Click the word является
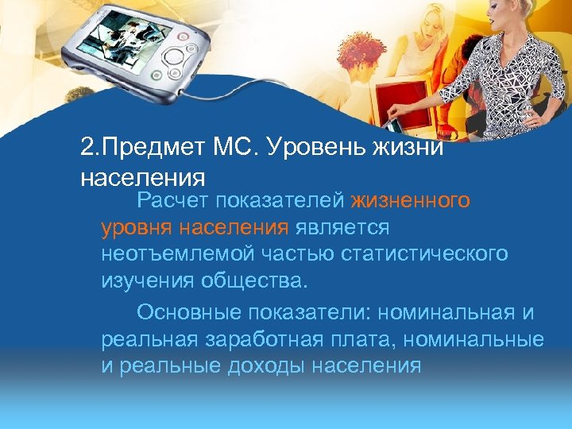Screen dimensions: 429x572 coord(342,229)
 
